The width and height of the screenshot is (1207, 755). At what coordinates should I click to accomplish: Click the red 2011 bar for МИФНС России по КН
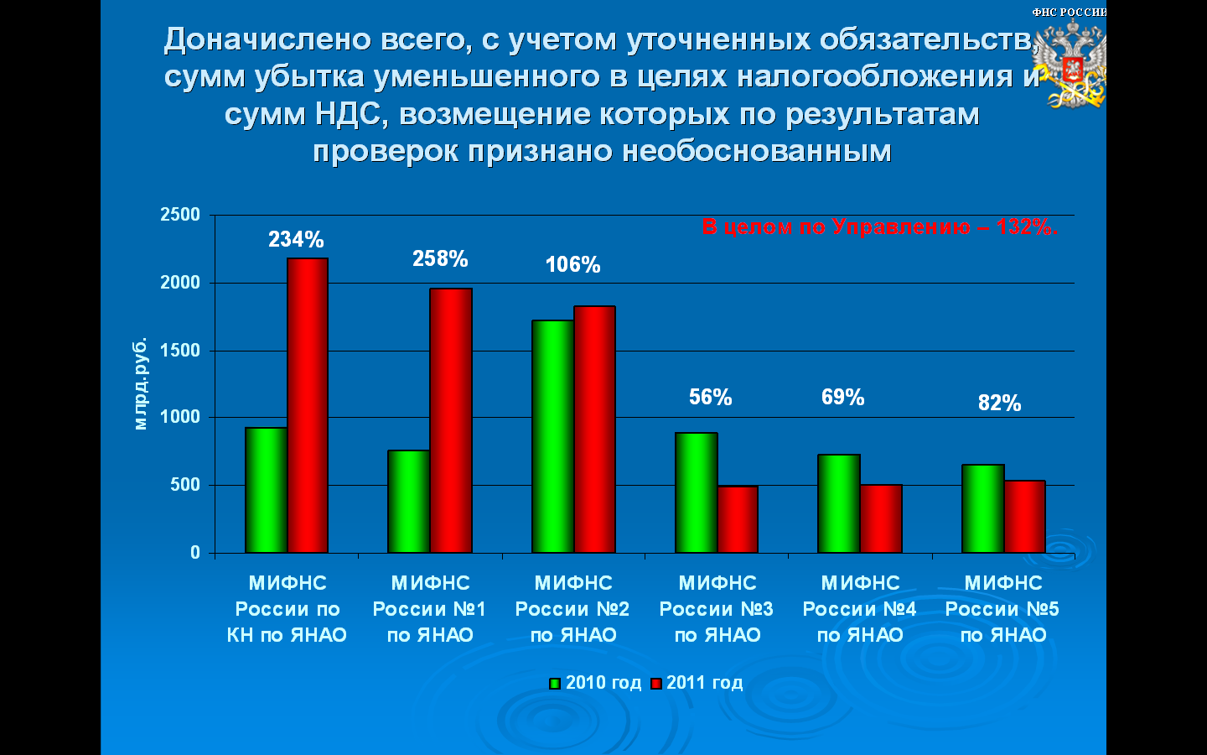pos(308,405)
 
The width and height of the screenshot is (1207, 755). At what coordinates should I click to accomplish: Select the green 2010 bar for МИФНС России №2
pos(553,437)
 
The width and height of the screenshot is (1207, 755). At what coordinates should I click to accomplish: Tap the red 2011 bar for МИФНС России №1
pos(451,420)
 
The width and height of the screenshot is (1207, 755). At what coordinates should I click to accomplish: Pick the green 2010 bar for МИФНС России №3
pos(697,493)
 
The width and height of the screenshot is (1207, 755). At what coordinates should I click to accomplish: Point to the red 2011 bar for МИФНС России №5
pos(1024,517)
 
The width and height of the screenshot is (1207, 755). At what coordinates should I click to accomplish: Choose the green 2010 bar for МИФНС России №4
pos(839,503)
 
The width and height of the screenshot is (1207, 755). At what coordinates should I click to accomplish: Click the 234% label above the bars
pos(297,239)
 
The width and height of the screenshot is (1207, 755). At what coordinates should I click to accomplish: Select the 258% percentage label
pos(440,259)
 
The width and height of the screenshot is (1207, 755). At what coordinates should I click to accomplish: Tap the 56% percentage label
pos(711,397)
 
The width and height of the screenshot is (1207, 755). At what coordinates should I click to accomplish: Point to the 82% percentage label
pos(999,403)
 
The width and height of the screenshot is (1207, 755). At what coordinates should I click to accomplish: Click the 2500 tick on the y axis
pos(180,215)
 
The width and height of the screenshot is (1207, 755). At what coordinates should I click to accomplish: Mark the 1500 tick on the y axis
pos(180,351)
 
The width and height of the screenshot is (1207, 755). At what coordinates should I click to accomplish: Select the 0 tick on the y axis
pos(195,553)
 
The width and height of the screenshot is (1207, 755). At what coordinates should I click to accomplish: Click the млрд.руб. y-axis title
pos(140,383)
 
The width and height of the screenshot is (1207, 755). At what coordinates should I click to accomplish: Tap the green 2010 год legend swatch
pos(555,684)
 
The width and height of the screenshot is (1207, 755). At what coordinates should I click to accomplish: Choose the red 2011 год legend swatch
pos(655,684)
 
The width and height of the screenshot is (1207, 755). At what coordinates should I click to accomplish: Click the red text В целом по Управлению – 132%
pos(880,226)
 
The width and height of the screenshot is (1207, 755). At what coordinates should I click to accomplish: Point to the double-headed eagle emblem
pos(1072,64)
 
